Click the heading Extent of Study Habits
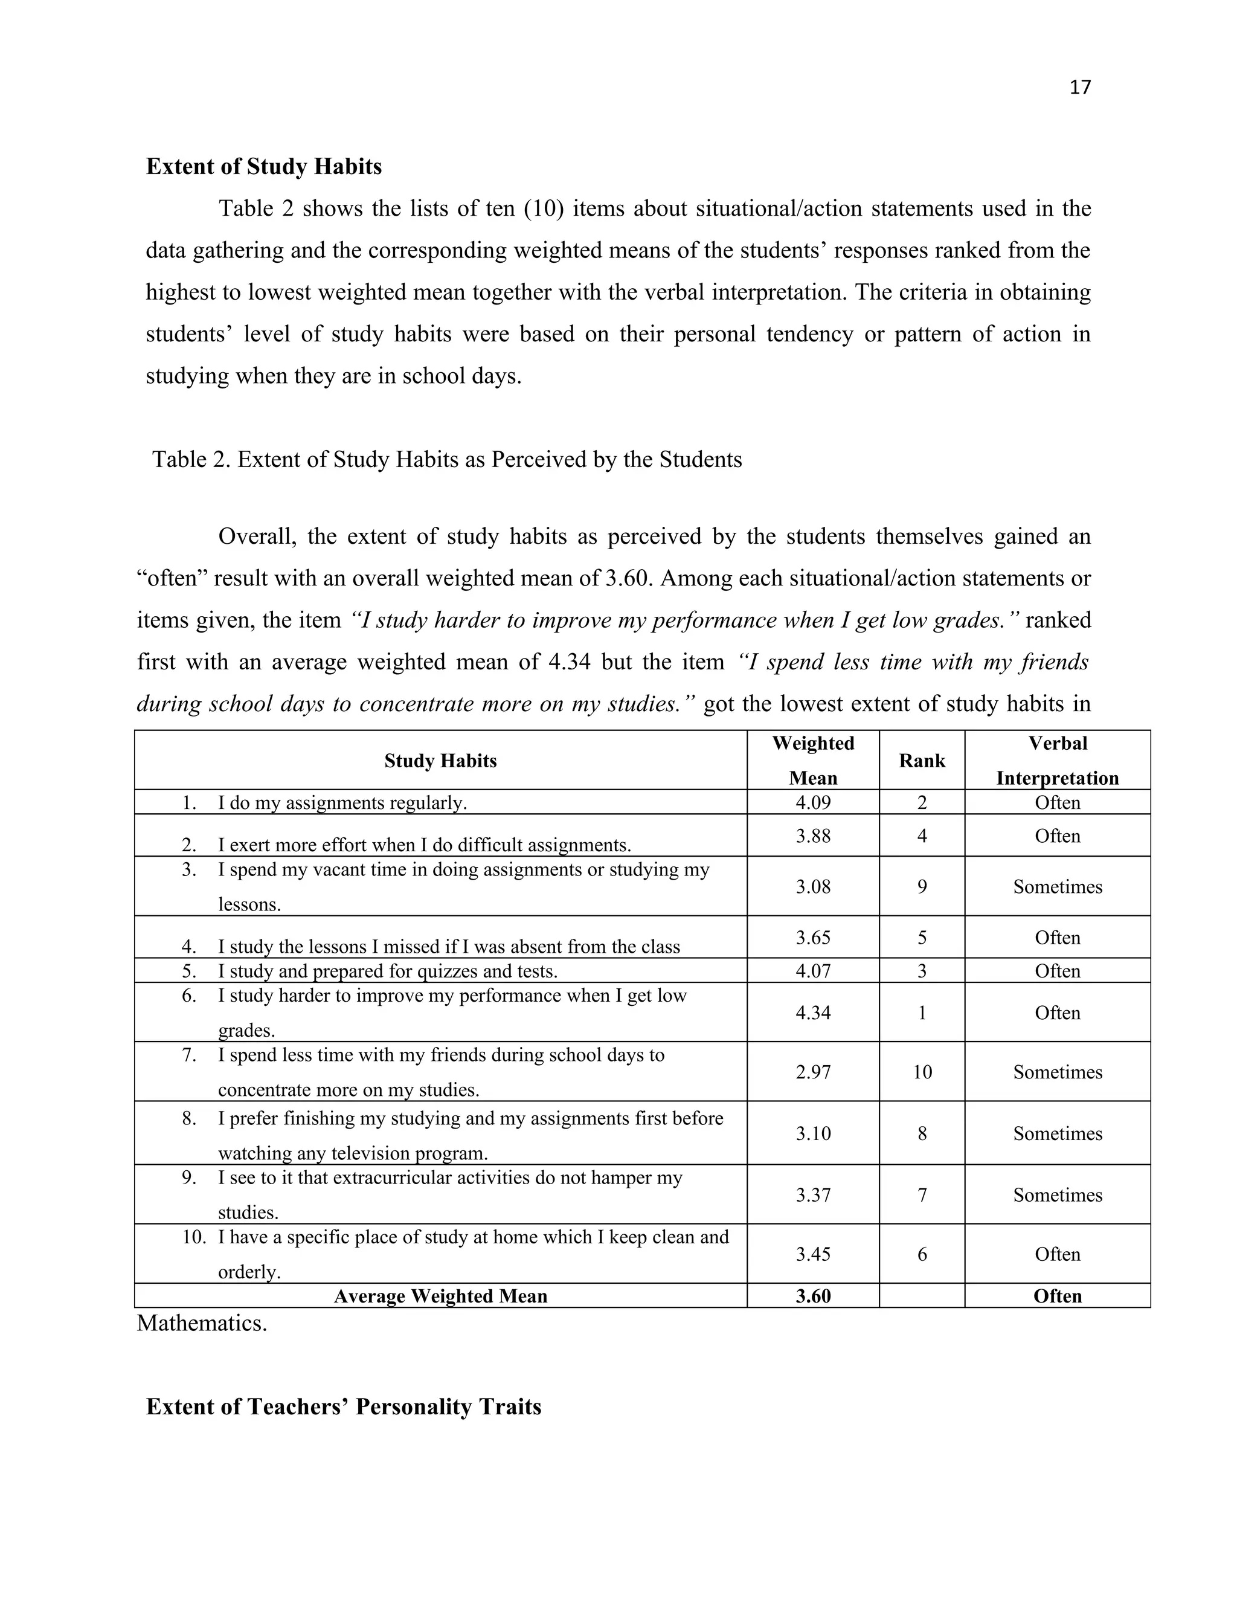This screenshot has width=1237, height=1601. click(x=264, y=166)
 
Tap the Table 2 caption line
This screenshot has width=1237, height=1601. click(x=447, y=460)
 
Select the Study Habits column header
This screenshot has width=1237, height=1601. click(x=440, y=761)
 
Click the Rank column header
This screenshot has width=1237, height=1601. click(x=922, y=761)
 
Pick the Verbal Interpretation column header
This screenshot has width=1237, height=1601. click(x=1058, y=761)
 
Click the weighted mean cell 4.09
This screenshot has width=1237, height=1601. click(x=813, y=803)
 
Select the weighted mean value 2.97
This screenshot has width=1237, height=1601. click(x=813, y=1072)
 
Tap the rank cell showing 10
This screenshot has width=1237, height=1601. click(x=922, y=1072)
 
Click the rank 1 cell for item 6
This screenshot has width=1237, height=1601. click(x=922, y=1013)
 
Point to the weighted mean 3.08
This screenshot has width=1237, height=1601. click(x=813, y=887)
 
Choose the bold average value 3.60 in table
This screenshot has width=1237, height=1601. click(x=813, y=1296)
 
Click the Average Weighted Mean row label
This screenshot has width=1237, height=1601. click(x=440, y=1296)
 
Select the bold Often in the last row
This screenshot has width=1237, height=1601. click(x=1058, y=1296)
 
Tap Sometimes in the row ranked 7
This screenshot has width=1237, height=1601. click(x=1058, y=1196)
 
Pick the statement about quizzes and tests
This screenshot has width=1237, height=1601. click(x=387, y=971)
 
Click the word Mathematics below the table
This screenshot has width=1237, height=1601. click(x=202, y=1323)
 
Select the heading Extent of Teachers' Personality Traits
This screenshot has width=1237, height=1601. click(x=344, y=1406)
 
